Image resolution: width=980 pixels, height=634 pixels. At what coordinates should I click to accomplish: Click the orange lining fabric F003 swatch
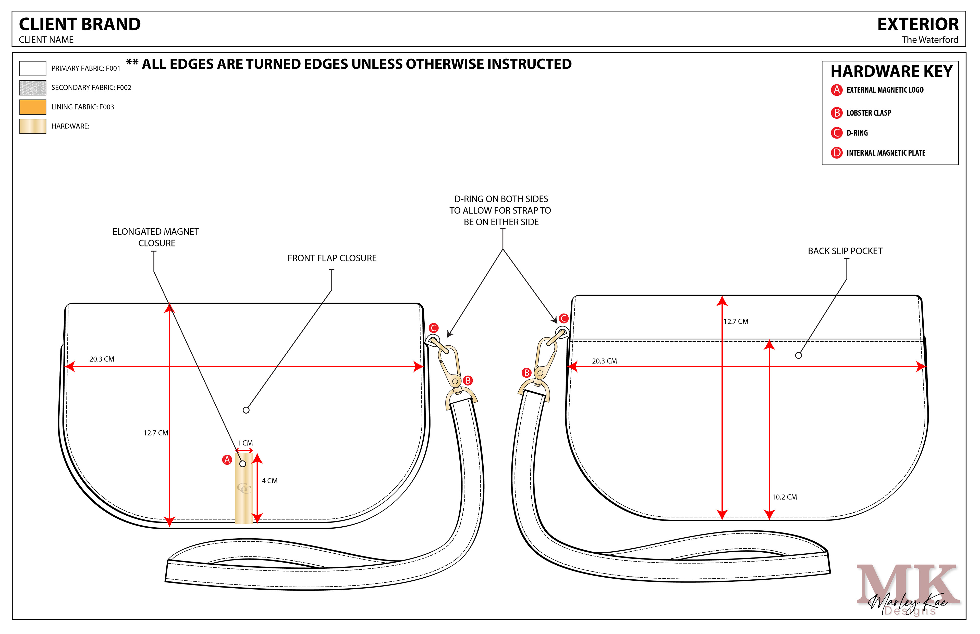pyautogui.click(x=32, y=107)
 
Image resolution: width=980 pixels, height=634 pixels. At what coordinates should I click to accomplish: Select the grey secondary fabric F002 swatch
pyautogui.click(x=32, y=88)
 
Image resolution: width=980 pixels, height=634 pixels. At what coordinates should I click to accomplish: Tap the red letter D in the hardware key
pyautogui.click(x=836, y=153)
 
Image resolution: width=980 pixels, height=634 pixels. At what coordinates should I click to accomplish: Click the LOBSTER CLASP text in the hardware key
pyautogui.click(x=868, y=113)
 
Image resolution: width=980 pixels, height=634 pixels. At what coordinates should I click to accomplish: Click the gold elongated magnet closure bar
pyautogui.click(x=244, y=490)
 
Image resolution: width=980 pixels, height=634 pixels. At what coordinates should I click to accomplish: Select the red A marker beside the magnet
pyautogui.click(x=227, y=460)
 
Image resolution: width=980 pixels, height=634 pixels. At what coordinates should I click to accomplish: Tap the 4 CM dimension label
pyautogui.click(x=270, y=481)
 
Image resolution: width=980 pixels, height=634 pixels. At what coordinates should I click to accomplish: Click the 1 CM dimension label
pyautogui.click(x=245, y=443)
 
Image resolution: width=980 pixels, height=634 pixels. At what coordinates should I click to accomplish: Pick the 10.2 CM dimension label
pyautogui.click(x=785, y=497)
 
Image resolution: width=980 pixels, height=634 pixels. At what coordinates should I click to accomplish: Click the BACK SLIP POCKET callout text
pyautogui.click(x=845, y=251)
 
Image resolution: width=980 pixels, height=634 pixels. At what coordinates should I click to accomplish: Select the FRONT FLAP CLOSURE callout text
pyautogui.click(x=332, y=258)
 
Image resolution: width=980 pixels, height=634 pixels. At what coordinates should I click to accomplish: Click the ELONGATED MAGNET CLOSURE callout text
pyautogui.click(x=156, y=237)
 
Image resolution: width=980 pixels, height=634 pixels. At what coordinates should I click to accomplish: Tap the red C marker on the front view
pyautogui.click(x=434, y=328)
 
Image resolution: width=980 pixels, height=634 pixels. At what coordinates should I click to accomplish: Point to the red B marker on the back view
pyautogui.click(x=526, y=373)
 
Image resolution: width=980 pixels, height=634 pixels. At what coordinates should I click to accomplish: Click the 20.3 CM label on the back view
pyautogui.click(x=604, y=361)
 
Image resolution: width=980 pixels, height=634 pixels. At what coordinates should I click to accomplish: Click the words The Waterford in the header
pyautogui.click(x=930, y=40)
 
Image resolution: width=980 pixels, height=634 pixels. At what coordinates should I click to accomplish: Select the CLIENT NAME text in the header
pyautogui.click(x=46, y=40)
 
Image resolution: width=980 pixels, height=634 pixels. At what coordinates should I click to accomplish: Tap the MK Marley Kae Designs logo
pyautogui.click(x=908, y=589)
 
